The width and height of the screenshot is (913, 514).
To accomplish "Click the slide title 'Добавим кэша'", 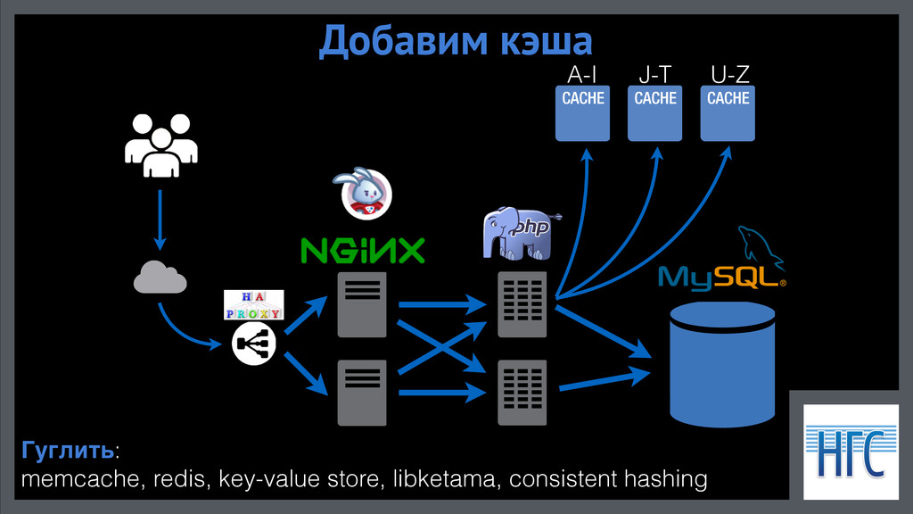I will click(456, 41).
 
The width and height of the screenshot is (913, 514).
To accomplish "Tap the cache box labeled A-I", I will click(582, 114).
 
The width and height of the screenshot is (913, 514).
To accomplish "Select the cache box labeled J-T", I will click(655, 114).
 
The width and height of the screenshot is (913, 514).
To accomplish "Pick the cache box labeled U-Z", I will click(728, 114).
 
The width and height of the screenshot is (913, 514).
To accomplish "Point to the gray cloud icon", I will click(160, 278).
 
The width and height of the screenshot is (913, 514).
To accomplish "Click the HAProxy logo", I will click(252, 305).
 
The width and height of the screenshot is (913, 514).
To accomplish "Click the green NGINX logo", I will click(362, 251).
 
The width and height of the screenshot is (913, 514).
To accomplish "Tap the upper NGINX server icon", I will click(362, 304).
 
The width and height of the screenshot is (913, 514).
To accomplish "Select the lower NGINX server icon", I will click(362, 392).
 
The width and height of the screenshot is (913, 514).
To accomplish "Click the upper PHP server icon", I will click(522, 304).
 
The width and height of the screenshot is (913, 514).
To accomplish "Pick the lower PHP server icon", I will click(522, 392).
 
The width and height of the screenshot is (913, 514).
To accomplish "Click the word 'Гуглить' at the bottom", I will click(68, 449).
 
